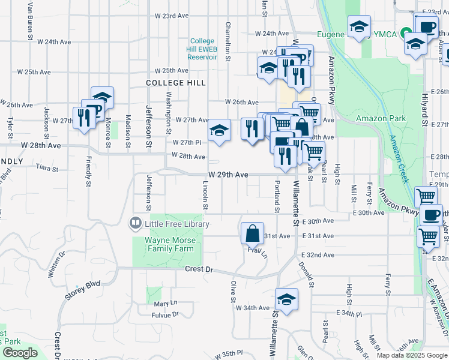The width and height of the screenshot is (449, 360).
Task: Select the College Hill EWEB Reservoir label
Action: (202, 49)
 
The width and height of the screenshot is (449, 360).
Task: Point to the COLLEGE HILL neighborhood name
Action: (175, 83)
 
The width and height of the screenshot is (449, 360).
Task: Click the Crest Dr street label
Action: (199, 270)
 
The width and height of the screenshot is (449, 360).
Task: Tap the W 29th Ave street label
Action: (228, 175)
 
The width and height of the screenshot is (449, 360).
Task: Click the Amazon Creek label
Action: (398, 159)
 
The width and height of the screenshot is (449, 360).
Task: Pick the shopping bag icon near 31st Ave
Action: (253, 233)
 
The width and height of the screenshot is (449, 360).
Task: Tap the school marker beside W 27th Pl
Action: (220, 131)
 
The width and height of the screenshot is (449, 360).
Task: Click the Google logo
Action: (20, 353)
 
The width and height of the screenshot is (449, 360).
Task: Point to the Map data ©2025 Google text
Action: (411, 355)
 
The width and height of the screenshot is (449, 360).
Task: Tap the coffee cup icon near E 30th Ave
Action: (430, 215)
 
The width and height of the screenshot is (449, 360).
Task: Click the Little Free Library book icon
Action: (136, 224)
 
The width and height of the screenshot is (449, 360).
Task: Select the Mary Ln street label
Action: (166, 304)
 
